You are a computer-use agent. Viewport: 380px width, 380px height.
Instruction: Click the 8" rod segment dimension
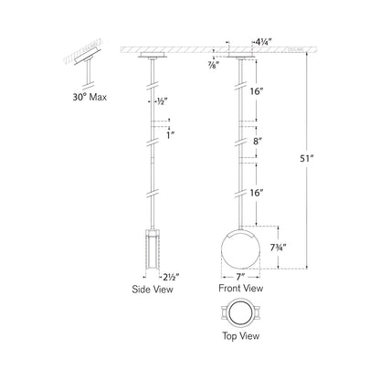tap(259, 142)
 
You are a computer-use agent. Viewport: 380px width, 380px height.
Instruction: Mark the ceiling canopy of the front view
tap(241, 56)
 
